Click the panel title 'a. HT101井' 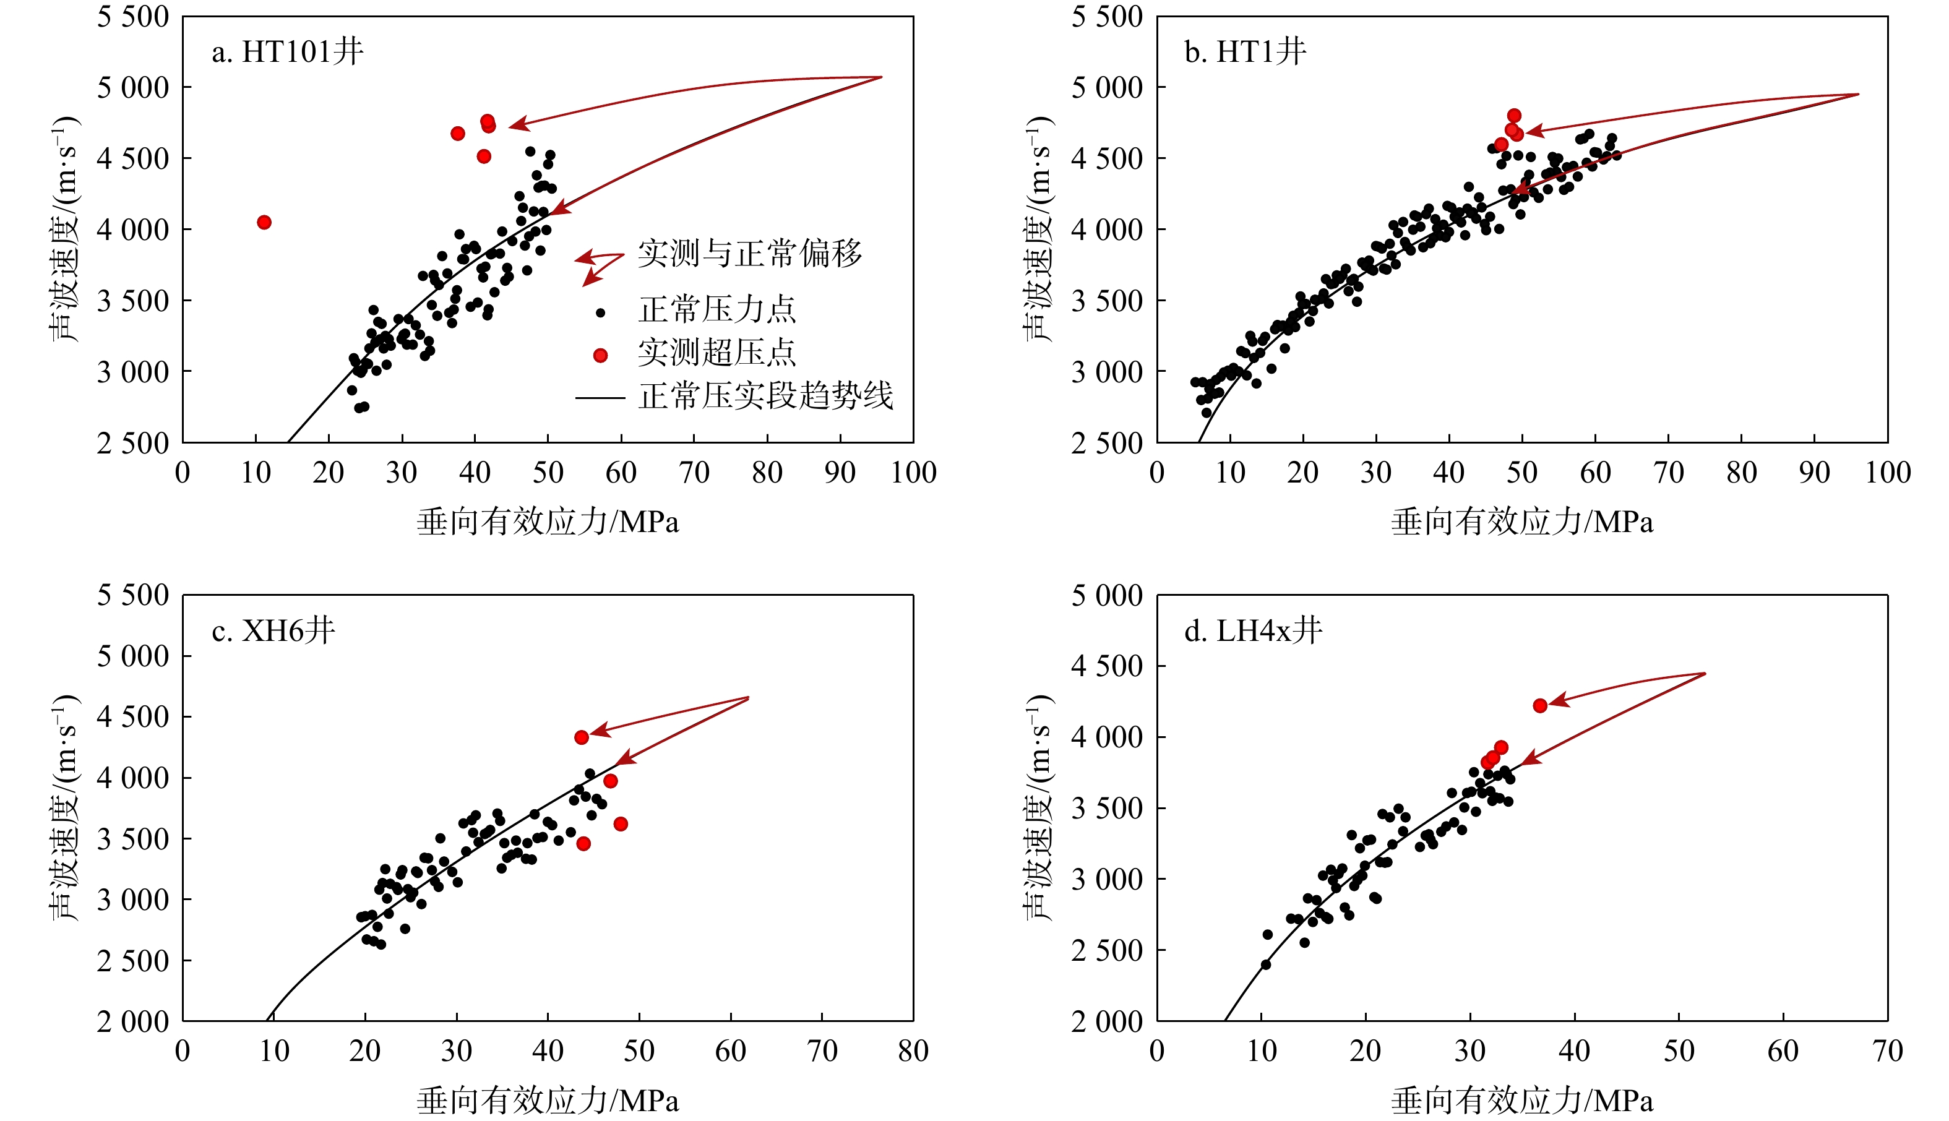click(x=287, y=51)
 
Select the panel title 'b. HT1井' click(x=1244, y=51)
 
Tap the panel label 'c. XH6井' click(x=273, y=630)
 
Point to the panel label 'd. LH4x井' click(x=1253, y=630)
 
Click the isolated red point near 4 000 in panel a click(x=264, y=223)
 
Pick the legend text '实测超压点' click(x=716, y=353)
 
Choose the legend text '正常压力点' click(x=716, y=309)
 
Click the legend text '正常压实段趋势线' click(x=765, y=397)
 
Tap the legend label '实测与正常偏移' click(x=749, y=253)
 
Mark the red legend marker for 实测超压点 click(x=601, y=355)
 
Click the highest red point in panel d click(x=1540, y=706)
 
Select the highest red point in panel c click(x=582, y=737)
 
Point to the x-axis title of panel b click(x=1521, y=522)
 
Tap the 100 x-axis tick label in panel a click(x=913, y=473)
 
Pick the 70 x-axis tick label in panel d click(x=1887, y=1051)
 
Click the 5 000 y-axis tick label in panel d click(x=1106, y=595)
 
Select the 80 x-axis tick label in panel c click(x=913, y=1051)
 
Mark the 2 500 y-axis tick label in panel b click(x=1106, y=443)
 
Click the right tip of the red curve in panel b click(x=1859, y=95)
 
